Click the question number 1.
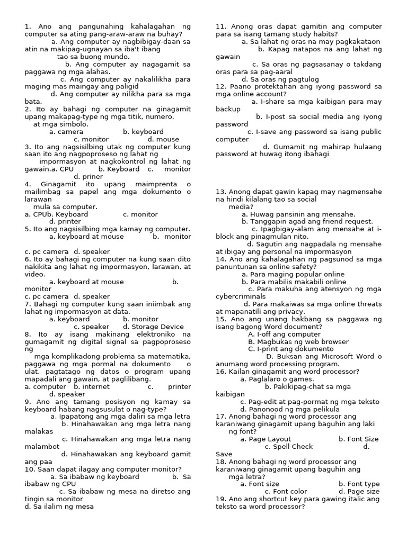(28, 26)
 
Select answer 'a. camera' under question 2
(66, 132)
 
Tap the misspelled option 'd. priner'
(89, 177)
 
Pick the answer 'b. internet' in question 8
(92, 387)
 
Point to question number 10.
(29, 469)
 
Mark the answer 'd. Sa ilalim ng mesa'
(59, 507)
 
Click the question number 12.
(221, 86)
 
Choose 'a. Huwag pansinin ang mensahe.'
(298, 214)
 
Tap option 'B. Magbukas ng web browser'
(295, 342)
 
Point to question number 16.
(221, 372)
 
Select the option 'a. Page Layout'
(266, 439)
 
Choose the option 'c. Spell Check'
(289, 447)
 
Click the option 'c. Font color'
(289, 492)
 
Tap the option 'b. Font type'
(359, 484)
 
